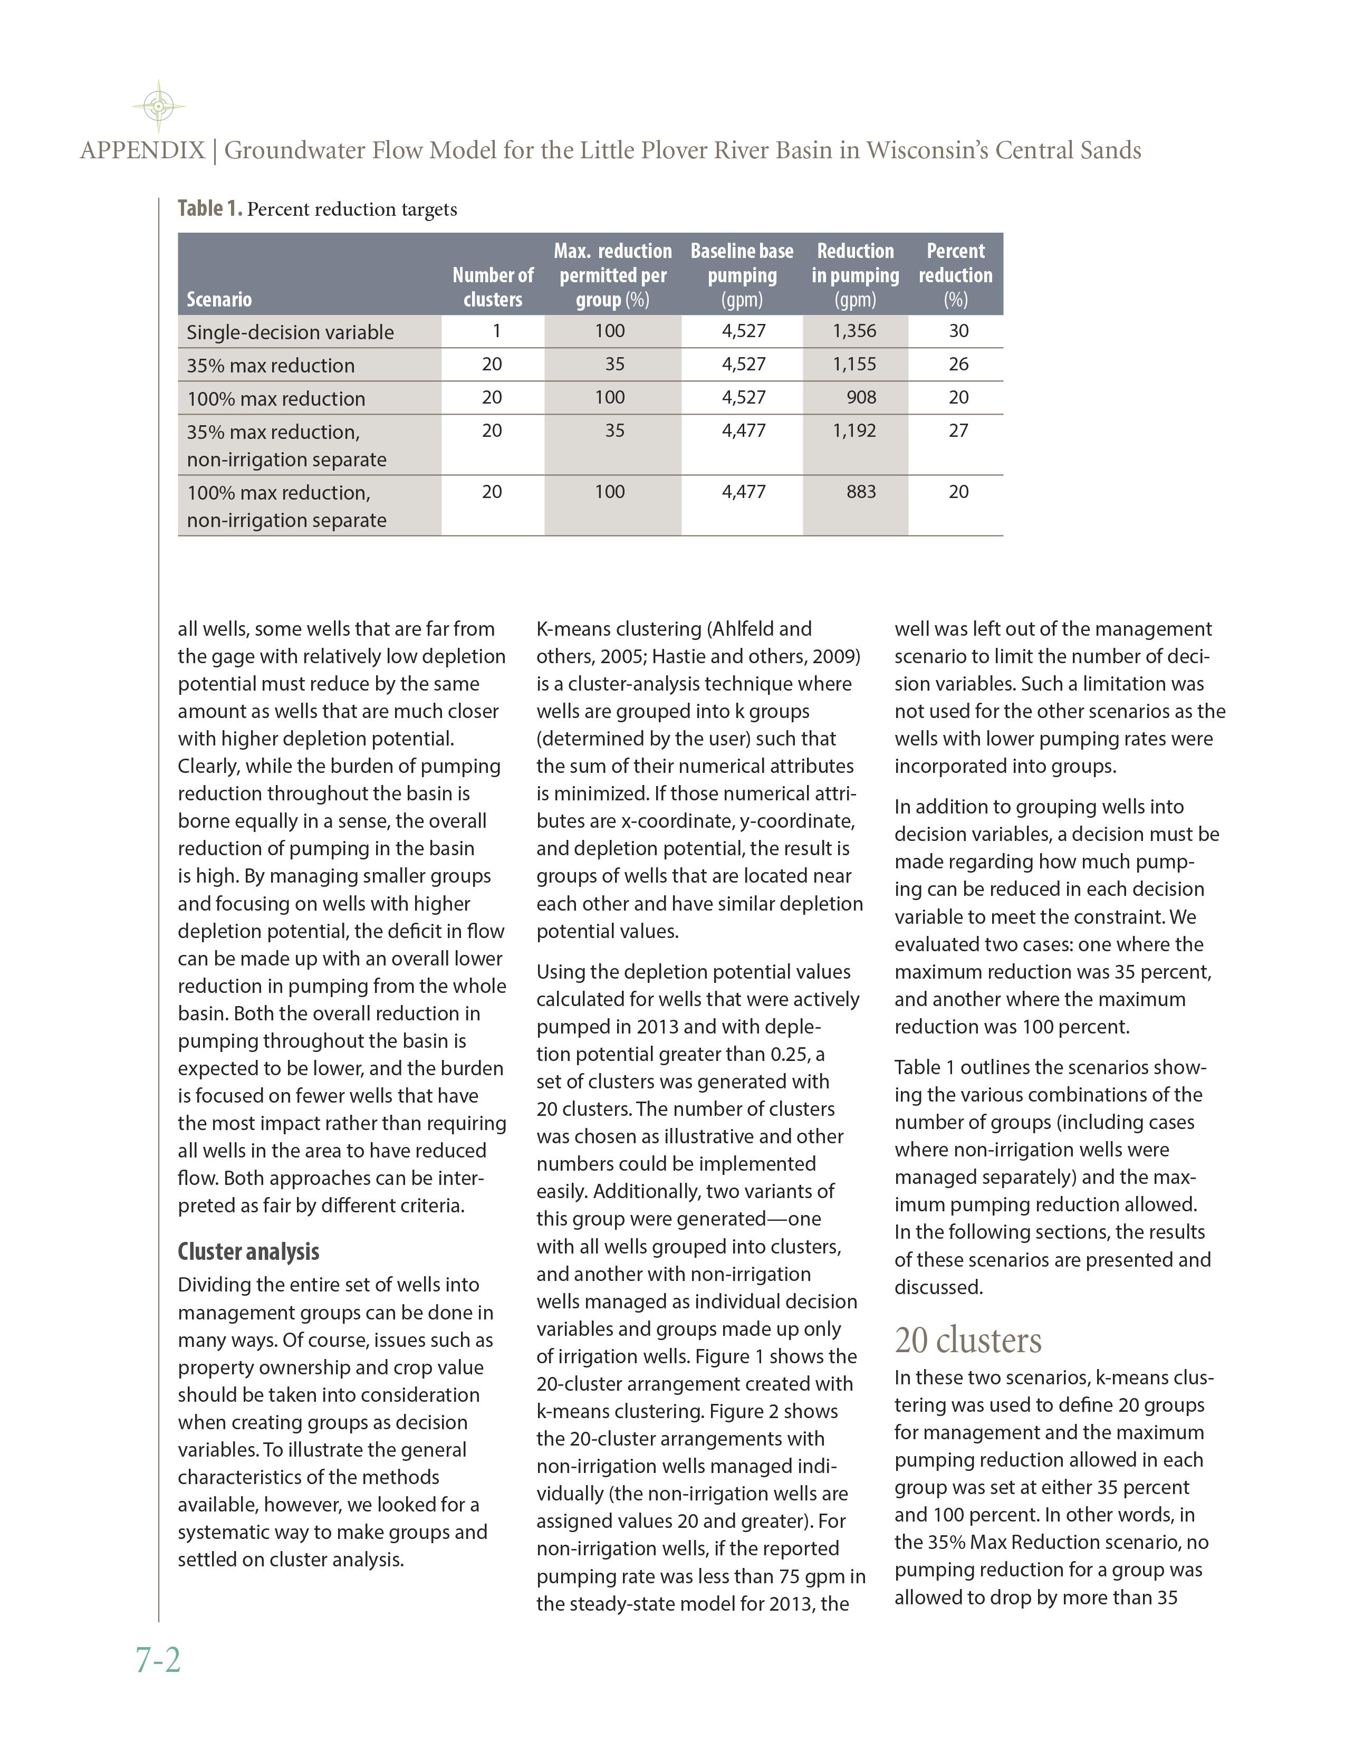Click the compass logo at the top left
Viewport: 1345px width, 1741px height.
pos(159,105)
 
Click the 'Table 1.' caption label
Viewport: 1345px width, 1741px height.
pos(209,209)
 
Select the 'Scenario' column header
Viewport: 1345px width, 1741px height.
pos(219,300)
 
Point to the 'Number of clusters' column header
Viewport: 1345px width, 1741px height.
pos(493,287)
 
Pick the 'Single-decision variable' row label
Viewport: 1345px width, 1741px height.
pos(290,332)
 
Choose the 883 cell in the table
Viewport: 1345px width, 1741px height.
pos(861,492)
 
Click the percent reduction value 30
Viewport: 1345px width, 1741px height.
pos(958,331)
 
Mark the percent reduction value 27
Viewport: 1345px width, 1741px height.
pos(958,431)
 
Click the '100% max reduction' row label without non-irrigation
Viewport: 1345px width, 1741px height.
pos(276,398)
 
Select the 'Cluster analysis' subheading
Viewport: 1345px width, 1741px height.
pos(248,1251)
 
